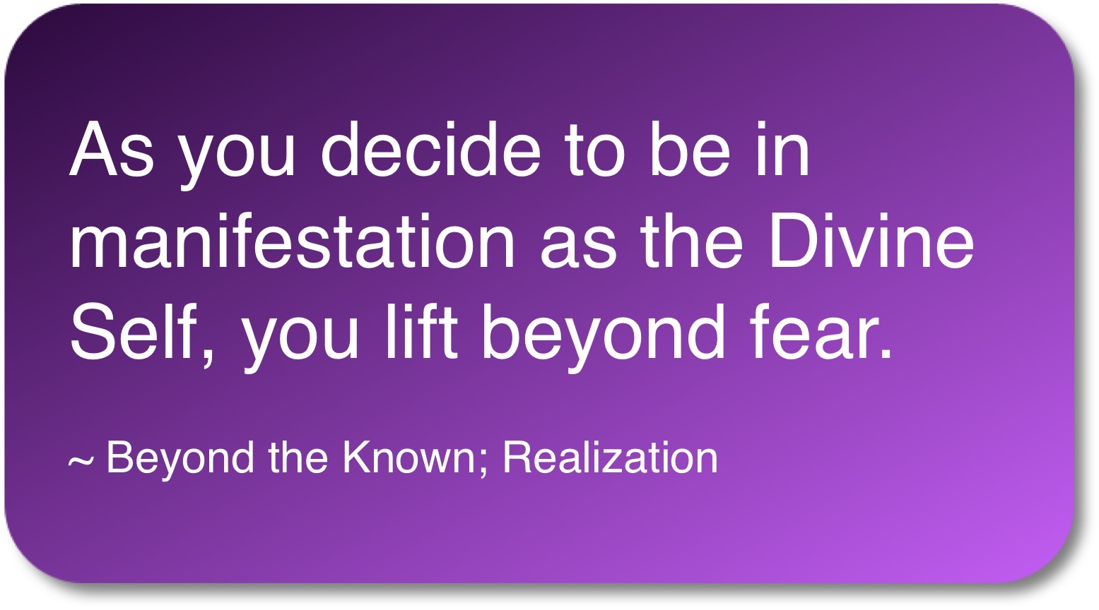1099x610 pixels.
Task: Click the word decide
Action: click(430, 149)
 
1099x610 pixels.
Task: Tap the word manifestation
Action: click(293, 241)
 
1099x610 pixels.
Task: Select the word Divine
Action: click(871, 241)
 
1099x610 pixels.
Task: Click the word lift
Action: click(421, 331)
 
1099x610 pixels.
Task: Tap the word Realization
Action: click(611, 457)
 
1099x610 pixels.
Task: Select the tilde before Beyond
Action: click(80, 461)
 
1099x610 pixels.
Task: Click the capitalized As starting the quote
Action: click(112, 149)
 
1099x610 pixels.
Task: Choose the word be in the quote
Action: click(690, 149)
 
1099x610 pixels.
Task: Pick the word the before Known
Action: click(298, 457)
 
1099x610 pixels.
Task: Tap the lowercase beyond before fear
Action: click(603, 338)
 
